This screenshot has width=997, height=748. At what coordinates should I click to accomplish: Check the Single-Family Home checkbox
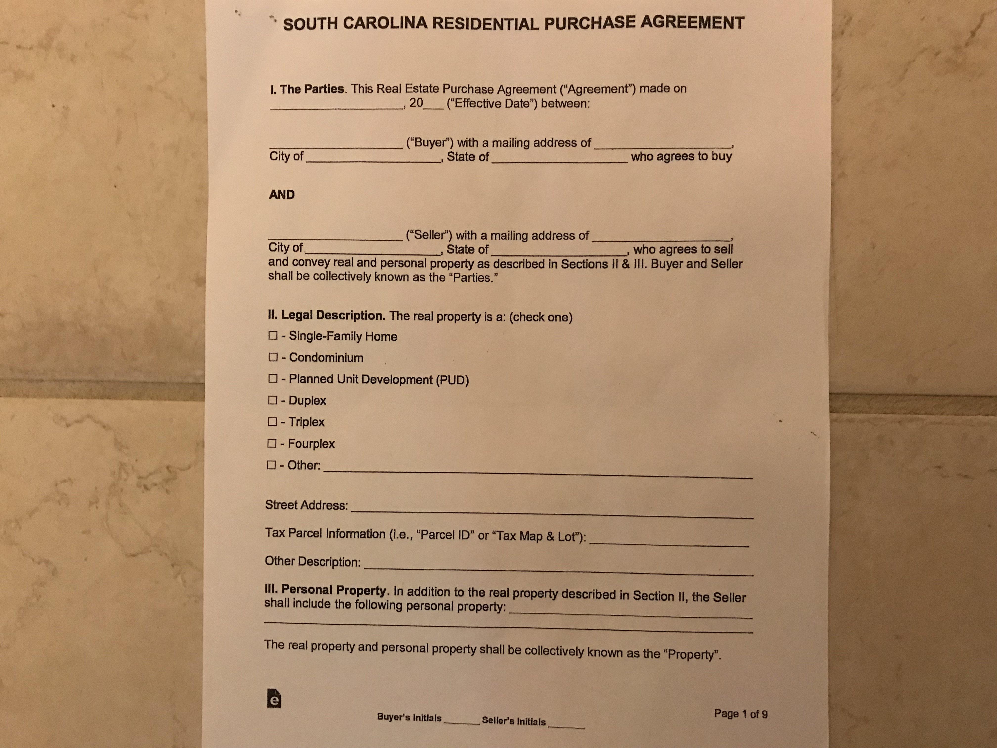273,335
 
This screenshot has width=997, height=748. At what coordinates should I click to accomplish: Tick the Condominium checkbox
273,357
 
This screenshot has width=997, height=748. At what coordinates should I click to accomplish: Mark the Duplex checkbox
272,400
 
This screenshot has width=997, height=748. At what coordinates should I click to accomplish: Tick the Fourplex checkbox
272,443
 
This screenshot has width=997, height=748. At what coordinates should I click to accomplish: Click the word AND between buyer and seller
282,194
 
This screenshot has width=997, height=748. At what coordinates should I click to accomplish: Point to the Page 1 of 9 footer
741,714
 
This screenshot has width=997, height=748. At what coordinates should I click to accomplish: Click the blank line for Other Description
558,570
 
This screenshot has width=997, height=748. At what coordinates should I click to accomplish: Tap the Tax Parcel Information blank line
669,543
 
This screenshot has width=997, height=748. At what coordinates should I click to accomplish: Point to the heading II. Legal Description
326,315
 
